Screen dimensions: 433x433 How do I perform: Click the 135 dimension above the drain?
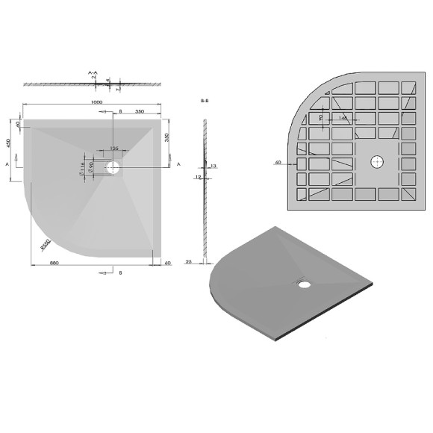coord(114,149)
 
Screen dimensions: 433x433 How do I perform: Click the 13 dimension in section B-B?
coord(213,166)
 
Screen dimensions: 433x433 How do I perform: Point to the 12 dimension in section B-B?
coord(197,178)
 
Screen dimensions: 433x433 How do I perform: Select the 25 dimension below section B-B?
coord(190,262)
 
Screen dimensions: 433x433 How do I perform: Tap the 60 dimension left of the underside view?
coord(278,162)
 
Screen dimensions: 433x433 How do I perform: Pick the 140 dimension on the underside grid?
coord(342,118)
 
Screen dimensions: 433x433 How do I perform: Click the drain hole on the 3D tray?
coord(305,283)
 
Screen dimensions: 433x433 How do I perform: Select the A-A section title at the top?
coord(93,73)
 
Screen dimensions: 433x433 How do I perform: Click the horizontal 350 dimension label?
coord(140,110)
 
